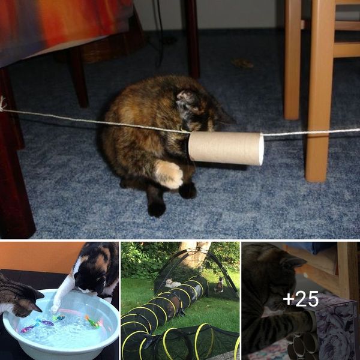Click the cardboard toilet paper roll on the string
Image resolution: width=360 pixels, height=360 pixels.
click(x=226, y=148)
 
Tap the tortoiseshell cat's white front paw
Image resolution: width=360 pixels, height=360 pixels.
click(x=169, y=175)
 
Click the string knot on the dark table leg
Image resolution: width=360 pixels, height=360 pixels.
click(x=3, y=104)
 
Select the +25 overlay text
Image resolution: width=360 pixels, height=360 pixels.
click(x=301, y=299)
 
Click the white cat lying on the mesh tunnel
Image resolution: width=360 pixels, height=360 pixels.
click(x=172, y=284)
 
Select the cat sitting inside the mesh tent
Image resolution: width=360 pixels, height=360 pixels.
click(x=219, y=286)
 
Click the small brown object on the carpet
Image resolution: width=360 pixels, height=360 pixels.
click(x=242, y=63)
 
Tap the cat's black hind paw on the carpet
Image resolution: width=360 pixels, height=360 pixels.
click(x=157, y=208)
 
